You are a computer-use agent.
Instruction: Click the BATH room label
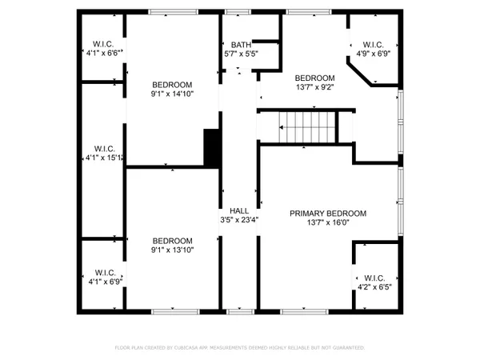[x=240, y=46]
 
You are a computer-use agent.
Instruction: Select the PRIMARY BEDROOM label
[x=327, y=214]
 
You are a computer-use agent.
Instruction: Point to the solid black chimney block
[x=212, y=148]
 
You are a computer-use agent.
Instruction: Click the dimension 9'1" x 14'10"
[x=172, y=94]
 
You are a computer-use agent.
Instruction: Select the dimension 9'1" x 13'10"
[x=172, y=250]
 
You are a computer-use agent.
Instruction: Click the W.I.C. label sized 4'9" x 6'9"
[x=374, y=45]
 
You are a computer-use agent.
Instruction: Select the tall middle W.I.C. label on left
[x=104, y=148]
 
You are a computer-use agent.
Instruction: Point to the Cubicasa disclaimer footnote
[x=240, y=348]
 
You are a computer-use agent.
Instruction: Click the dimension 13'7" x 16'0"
[x=327, y=223]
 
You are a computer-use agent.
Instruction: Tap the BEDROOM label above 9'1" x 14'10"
[x=172, y=85]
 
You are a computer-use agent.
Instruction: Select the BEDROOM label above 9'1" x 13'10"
[x=172, y=241]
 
